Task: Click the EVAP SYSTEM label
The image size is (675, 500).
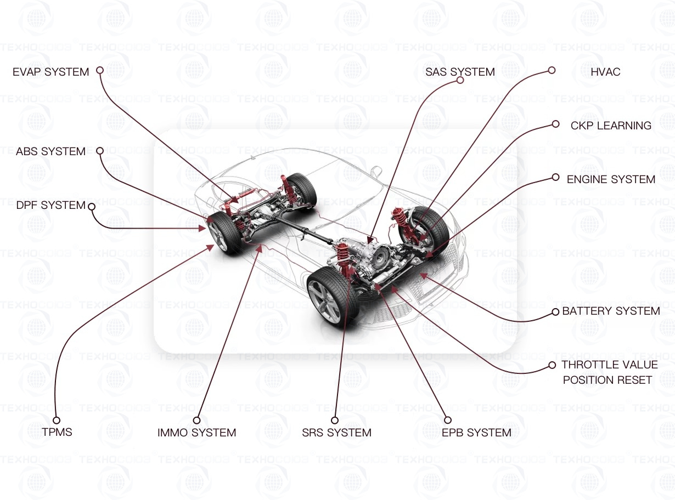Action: (50, 72)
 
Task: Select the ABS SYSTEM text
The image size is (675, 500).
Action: (50, 151)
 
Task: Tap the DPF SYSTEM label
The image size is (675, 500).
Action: (50, 206)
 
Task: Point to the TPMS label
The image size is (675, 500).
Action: (57, 432)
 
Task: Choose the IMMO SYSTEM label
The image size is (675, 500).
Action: (196, 433)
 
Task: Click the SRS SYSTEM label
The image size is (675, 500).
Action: (336, 433)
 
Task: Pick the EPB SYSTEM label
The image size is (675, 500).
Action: (476, 433)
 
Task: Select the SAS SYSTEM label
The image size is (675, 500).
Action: (460, 72)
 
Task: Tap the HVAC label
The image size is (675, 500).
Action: (605, 72)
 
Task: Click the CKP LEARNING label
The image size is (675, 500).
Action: (611, 126)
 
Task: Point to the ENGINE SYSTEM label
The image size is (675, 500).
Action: (611, 179)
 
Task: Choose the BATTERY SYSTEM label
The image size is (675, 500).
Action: (611, 311)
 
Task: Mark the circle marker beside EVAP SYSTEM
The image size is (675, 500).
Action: (100, 70)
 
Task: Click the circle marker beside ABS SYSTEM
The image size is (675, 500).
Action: (100, 151)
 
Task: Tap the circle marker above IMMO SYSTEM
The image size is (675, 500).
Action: (196, 420)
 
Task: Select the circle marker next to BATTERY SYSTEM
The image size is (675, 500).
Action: (555, 312)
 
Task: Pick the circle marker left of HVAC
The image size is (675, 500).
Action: (552, 70)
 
